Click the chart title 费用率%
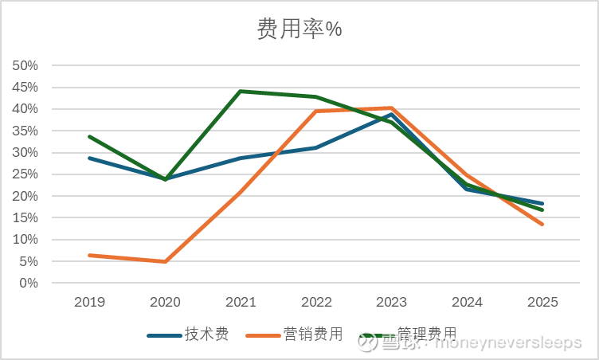(x=299, y=29)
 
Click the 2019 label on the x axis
(x=89, y=303)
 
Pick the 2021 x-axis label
(x=241, y=303)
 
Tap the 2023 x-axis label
(x=392, y=303)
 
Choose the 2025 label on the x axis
(x=542, y=303)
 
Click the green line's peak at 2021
(x=241, y=91)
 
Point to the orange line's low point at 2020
(x=165, y=261)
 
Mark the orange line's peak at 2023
(x=392, y=108)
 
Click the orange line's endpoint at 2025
(x=542, y=224)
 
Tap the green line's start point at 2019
(x=89, y=136)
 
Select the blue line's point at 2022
(x=316, y=147)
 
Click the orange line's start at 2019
(x=89, y=255)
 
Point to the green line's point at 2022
(x=316, y=97)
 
